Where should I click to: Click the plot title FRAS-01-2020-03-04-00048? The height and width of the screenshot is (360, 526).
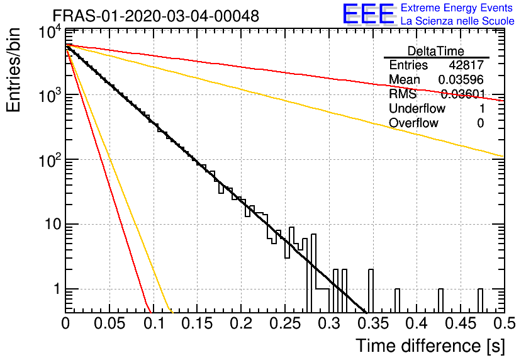click(156, 16)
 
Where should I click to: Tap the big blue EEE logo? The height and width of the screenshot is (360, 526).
click(369, 14)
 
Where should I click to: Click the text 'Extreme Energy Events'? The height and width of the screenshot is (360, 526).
click(457, 8)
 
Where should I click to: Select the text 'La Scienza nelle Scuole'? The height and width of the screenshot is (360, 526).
click(457, 21)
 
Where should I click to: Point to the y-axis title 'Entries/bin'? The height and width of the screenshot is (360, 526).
click(13, 70)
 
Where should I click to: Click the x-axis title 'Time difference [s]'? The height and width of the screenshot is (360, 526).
click(430, 346)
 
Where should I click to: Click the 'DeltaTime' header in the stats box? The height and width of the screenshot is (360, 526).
click(436, 51)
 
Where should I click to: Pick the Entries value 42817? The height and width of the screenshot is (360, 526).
click(466, 65)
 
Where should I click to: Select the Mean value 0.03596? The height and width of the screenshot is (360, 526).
click(461, 79)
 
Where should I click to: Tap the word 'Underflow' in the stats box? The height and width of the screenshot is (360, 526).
click(417, 108)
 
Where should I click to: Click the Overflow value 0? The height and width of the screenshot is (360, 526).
click(480, 123)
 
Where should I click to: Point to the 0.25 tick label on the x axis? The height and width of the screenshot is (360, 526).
click(285, 323)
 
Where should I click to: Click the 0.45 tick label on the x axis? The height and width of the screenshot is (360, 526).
click(461, 323)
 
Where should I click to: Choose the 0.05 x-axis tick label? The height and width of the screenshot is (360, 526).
click(109, 323)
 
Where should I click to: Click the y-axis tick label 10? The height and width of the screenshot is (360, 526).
click(53, 224)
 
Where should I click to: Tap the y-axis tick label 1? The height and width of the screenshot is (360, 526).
click(57, 289)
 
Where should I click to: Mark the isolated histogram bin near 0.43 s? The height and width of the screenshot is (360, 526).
click(441, 301)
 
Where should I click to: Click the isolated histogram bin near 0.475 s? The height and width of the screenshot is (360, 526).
click(480, 301)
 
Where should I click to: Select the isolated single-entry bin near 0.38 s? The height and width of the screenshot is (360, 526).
click(397, 301)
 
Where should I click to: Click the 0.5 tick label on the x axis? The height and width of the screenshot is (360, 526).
click(505, 323)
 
